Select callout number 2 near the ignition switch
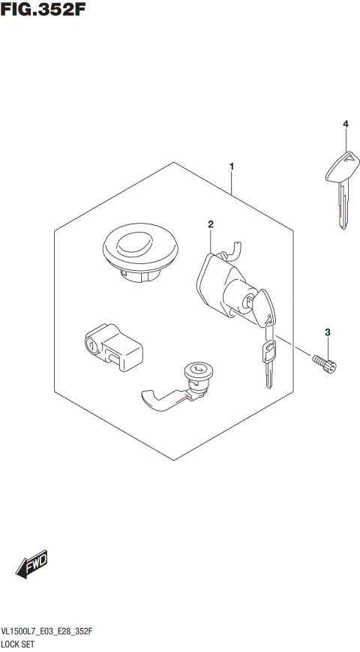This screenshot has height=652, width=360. click(x=211, y=224)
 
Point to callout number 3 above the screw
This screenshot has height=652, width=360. click(x=327, y=332)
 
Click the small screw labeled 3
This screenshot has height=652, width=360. click(x=325, y=364)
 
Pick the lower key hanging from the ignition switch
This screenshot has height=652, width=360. click(x=268, y=360)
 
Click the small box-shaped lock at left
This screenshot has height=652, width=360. click(x=112, y=347)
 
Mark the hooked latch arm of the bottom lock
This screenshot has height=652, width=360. click(x=160, y=399)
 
